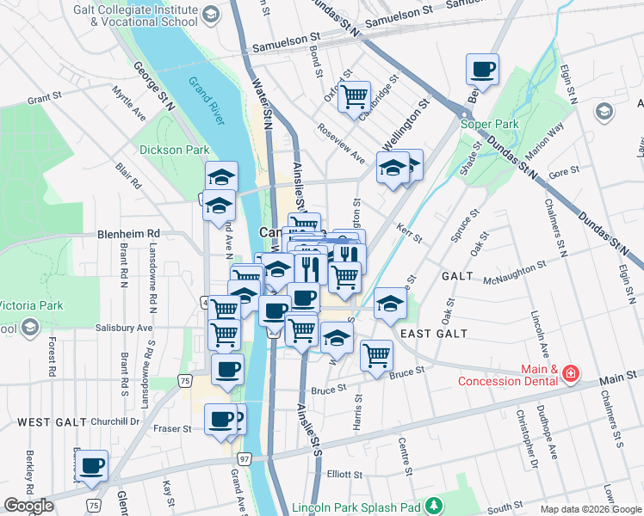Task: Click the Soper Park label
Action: [x=489, y=124]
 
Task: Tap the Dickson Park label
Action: [x=180, y=150]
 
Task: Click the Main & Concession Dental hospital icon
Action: [x=569, y=373]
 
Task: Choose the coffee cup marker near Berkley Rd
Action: [x=91, y=465]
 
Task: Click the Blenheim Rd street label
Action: [x=129, y=233]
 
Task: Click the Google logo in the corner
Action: [x=28, y=506]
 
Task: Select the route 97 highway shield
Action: [x=245, y=459]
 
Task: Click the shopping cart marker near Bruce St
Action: [x=376, y=353]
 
